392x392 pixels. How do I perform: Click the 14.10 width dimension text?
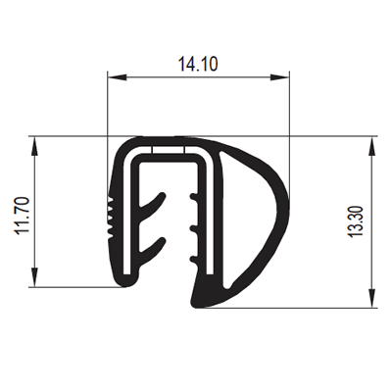[x=198, y=64]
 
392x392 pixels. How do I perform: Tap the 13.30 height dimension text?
[x=356, y=221]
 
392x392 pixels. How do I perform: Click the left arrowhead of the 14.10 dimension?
[x=117, y=77]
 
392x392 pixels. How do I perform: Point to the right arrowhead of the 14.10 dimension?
[x=280, y=77]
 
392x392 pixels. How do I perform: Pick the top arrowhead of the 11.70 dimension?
[x=34, y=146]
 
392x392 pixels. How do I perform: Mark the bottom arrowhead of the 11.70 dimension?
[x=34, y=277]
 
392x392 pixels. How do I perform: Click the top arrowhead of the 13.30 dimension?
[x=372, y=146]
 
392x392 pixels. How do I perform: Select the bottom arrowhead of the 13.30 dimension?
[x=372, y=298]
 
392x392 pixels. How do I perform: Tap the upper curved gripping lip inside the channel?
[x=154, y=203]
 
